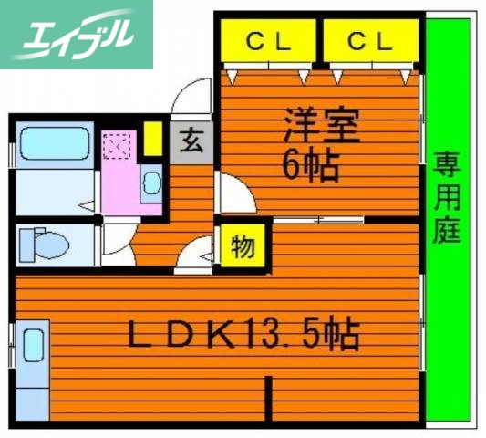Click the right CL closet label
coord(370,41)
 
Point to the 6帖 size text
coord(309,164)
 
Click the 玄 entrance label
coord(192,141)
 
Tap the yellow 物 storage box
coord(243,247)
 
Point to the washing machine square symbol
coord(119,146)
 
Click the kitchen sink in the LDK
coord(33,346)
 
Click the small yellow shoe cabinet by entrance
coord(153,138)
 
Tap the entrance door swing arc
coord(192,96)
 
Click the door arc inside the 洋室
coord(233,191)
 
